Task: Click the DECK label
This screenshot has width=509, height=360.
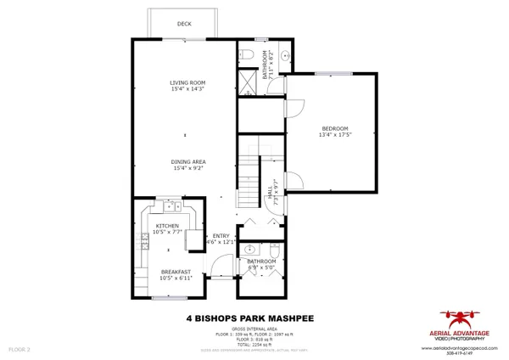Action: pos(183,25)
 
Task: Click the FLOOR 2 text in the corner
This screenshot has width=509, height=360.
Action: pos(19,349)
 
